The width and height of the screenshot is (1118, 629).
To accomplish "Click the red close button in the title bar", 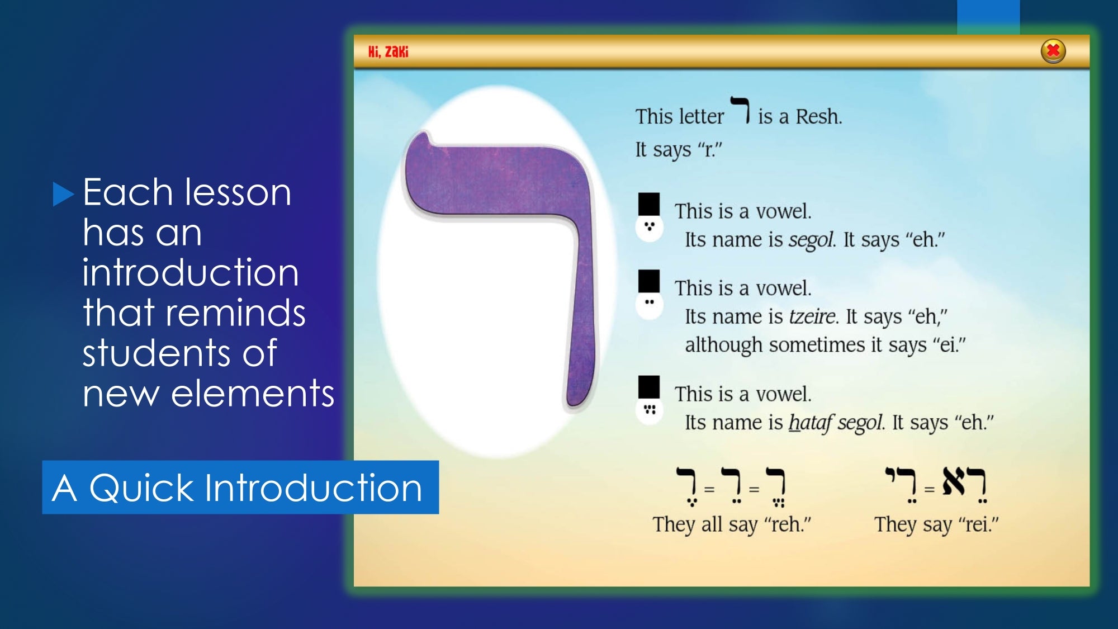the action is [x=1053, y=51].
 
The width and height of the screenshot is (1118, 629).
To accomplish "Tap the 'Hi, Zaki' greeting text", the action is [x=388, y=52].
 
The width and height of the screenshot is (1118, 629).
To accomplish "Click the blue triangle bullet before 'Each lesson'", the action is [x=63, y=195].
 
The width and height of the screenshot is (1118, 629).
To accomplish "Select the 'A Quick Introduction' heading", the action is [x=237, y=488].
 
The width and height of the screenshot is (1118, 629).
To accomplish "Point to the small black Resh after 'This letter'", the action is [x=741, y=110].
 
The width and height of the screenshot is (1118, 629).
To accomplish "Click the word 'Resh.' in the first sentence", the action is [x=818, y=116].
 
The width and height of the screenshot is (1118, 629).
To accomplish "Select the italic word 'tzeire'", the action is [x=813, y=316].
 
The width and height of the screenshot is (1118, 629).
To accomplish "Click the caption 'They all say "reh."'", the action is [x=732, y=524].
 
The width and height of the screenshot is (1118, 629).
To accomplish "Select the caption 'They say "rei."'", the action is [x=936, y=524].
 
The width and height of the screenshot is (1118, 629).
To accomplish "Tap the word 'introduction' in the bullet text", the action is [x=191, y=272].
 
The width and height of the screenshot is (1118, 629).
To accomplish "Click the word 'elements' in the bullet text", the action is [x=253, y=392].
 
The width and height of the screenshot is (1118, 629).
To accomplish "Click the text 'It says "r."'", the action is [x=679, y=150].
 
